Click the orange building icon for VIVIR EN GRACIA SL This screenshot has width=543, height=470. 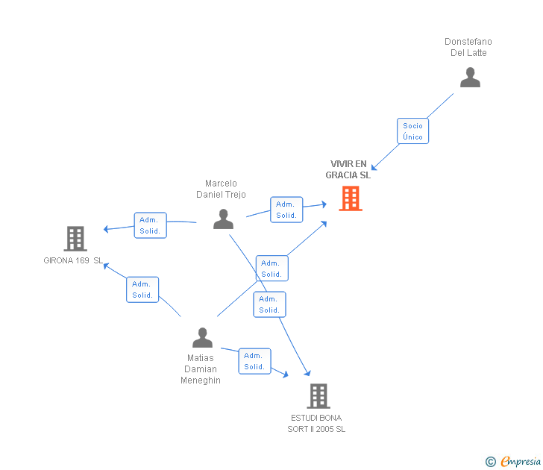(x=351, y=198)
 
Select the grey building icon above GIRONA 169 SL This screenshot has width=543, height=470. (x=75, y=239)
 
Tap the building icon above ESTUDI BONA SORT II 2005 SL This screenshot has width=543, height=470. (x=318, y=396)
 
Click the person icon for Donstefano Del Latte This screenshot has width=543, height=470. (x=470, y=78)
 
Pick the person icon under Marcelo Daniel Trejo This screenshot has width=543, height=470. (x=223, y=219)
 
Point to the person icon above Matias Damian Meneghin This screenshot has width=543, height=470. (x=202, y=338)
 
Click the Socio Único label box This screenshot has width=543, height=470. (x=412, y=131)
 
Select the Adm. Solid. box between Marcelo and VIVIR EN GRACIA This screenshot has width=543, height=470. (x=286, y=210)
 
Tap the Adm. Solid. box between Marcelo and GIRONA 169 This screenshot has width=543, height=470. (x=150, y=225)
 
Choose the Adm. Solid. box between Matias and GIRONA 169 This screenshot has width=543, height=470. (x=142, y=289)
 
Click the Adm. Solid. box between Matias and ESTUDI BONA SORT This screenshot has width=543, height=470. (x=254, y=361)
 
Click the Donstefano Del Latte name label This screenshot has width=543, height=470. (x=468, y=47)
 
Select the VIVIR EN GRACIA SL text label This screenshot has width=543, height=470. (x=348, y=169)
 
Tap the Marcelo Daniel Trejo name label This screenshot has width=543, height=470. (x=221, y=189)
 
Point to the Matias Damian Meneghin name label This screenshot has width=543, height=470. (x=201, y=369)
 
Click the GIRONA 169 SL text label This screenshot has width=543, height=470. (x=73, y=260)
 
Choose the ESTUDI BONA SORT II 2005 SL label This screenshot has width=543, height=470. (x=317, y=423)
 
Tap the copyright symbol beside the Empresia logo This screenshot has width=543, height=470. (x=490, y=463)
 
